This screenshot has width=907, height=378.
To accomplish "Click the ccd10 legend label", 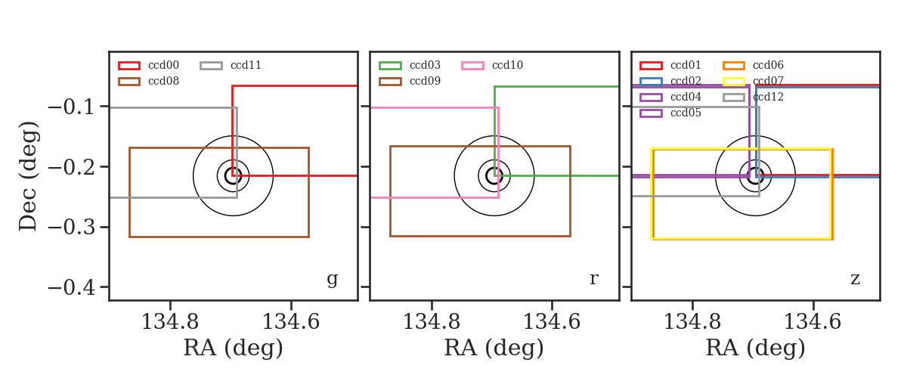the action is (507, 65).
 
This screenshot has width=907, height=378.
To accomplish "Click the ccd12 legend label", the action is (768, 97).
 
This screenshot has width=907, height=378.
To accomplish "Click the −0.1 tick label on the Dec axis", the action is (71, 107).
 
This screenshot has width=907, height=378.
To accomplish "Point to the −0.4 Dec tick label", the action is (71, 287).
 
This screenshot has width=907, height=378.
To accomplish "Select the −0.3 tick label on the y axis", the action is (71, 228).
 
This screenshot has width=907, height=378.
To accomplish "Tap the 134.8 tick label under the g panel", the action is (169, 322).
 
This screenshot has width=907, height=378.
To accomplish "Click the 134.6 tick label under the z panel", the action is (813, 322).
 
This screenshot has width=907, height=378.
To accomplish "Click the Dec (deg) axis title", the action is (29, 176).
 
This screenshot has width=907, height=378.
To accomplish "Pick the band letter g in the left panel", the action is (332, 280).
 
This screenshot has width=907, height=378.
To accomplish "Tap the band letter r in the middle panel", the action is (593, 279).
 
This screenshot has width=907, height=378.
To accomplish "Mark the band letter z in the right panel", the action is (855, 279).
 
